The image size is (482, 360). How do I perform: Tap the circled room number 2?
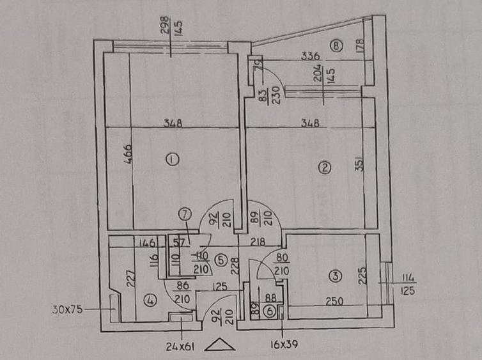tap(325, 168)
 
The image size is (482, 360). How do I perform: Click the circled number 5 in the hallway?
tap(219, 260)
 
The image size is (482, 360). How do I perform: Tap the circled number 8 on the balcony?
tap(337, 45)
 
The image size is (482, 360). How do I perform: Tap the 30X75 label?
tap(67, 311)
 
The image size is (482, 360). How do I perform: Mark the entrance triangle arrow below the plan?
tap(221, 345)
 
